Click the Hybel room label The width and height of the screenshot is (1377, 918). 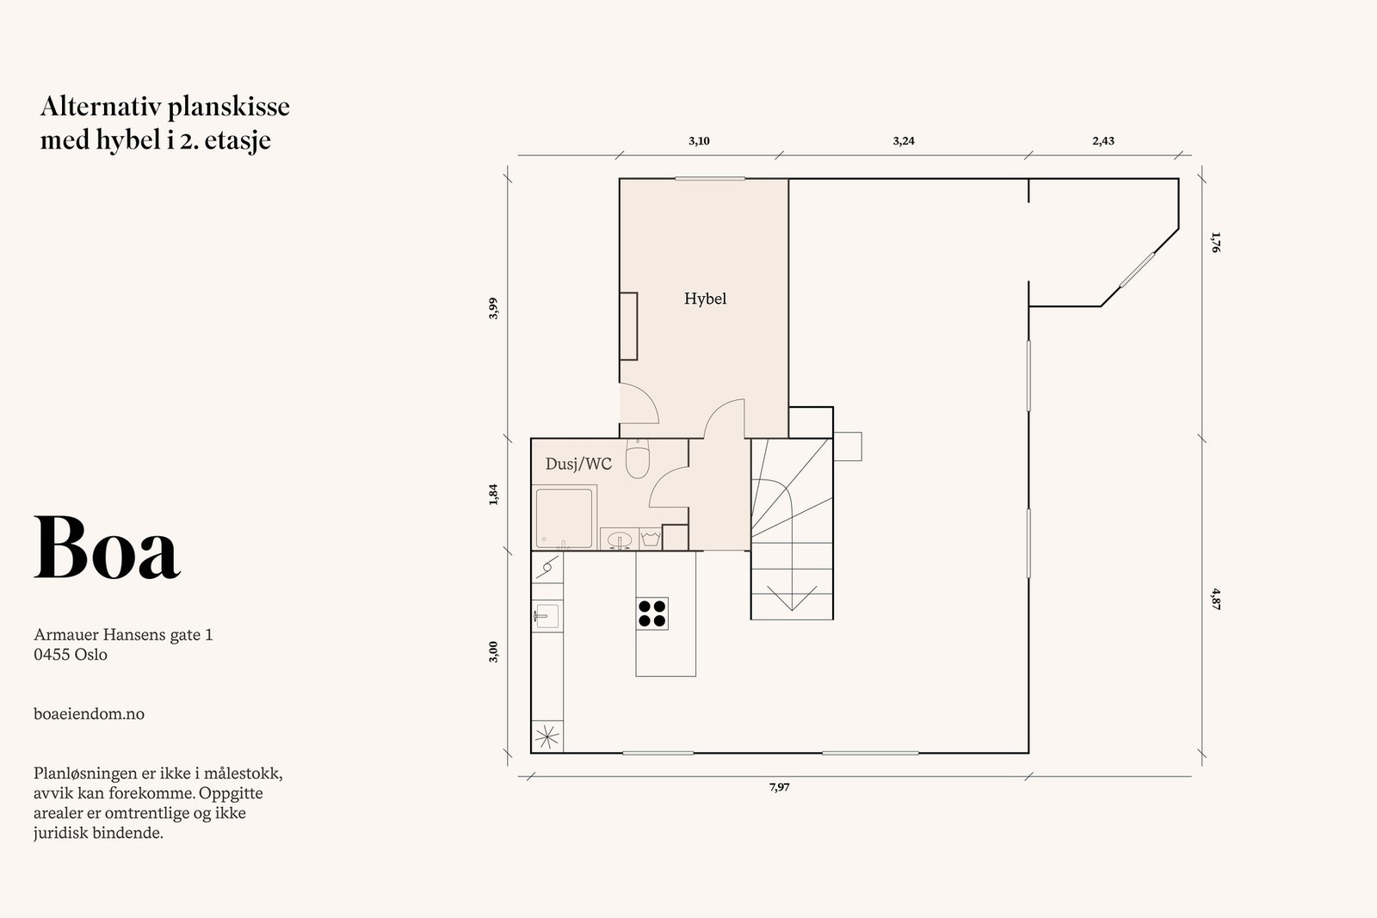(x=705, y=299)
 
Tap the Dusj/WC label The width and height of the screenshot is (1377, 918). (x=578, y=465)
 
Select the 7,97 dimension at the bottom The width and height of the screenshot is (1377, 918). (x=779, y=787)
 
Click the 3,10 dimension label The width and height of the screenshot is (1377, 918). (x=699, y=141)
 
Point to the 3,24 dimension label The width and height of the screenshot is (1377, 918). (x=903, y=141)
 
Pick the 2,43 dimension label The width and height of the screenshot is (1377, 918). (x=1103, y=141)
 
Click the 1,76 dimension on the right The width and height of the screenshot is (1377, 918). (x=1215, y=242)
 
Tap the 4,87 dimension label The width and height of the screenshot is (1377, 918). (x=1215, y=598)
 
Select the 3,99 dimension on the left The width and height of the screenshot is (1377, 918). (x=493, y=308)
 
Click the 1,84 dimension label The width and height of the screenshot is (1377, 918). (x=493, y=495)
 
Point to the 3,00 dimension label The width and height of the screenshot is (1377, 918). (x=493, y=651)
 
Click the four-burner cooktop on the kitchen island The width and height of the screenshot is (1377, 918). (x=652, y=613)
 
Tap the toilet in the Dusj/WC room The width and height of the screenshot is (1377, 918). (x=637, y=459)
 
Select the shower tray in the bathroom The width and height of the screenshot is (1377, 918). (x=564, y=518)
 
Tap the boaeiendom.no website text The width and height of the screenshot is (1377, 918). (x=89, y=714)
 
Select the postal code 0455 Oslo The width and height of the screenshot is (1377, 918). (x=71, y=655)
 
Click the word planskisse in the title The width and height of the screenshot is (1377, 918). (x=228, y=108)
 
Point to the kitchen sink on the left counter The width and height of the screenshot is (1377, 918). (x=546, y=615)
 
